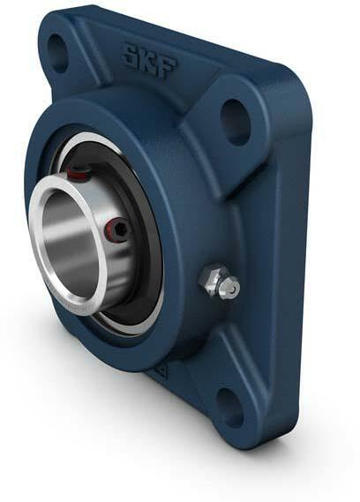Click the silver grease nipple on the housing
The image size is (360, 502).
tap(218, 283)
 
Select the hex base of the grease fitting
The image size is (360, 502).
tap(211, 281)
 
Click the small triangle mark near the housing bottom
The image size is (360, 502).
tap(161, 372)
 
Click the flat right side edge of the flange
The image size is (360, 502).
tap(296, 265)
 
